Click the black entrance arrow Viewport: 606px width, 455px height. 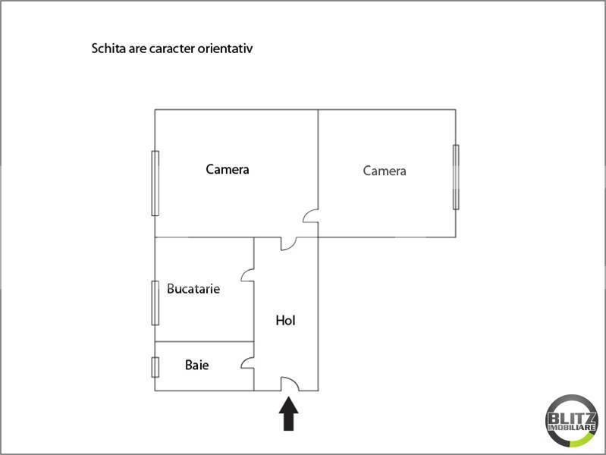(x=290, y=415)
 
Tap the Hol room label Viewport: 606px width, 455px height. (x=285, y=321)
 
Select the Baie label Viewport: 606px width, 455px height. (x=197, y=366)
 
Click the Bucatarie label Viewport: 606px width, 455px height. (x=193, y=289)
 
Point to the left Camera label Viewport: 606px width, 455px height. (x=228, y=170)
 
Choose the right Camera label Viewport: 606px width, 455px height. (x=385, y=171)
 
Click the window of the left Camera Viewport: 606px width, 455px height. (x=155, y=183)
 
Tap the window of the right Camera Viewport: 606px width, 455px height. (x=456, y=177)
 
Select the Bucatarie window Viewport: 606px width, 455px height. (x=155, y=303)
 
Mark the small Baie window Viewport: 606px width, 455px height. (x=155, y=366)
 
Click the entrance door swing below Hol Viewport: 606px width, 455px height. (x=290, y=384)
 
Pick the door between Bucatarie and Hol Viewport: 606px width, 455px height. (x=247, y=275)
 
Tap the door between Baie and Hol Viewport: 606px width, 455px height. (x=247, y=363)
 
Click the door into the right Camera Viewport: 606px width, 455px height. (x=311, y=216)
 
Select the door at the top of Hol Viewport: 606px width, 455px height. (x=290, y=243)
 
